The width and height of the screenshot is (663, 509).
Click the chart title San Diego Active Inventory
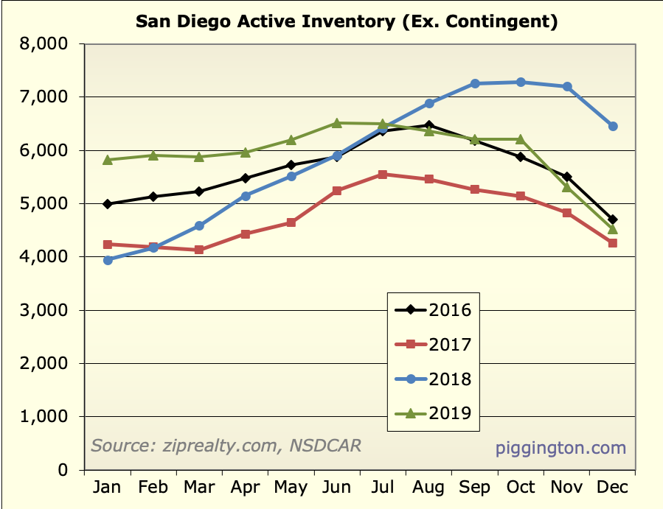point(347,21)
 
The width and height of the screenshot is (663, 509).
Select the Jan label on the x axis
point(108,488)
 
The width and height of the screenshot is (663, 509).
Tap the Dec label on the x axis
point(612,488)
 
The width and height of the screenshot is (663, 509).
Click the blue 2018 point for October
point(521,83)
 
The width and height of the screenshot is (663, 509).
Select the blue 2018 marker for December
point(612,127)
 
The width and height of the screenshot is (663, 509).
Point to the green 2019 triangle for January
point(108,159)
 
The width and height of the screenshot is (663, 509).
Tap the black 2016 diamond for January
point(108,204)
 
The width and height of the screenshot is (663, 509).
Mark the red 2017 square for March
point(199,250)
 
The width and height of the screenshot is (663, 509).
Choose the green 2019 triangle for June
point(337,123)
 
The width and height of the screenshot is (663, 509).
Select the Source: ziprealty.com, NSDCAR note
point(226,446)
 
